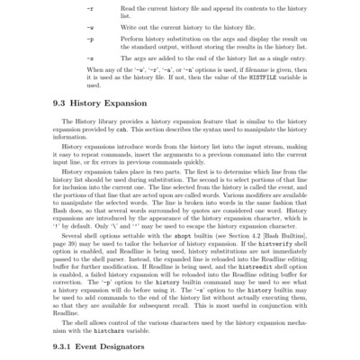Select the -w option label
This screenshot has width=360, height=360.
click(88, 26)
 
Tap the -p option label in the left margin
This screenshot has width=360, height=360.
click(88, 40)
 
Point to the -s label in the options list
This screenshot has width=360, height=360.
click(88, 60)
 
